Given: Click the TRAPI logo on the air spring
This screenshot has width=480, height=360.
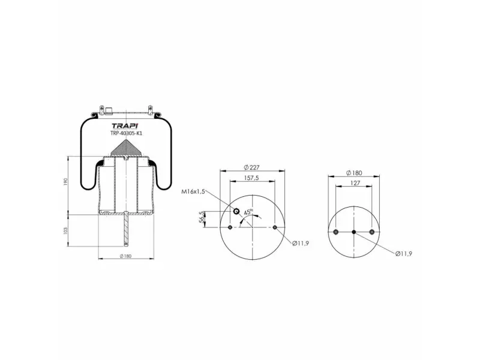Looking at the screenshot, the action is [125, 126].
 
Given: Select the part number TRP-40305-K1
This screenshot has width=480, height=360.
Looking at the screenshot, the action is [126, 133].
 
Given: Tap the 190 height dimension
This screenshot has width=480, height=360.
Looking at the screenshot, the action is [65, 182].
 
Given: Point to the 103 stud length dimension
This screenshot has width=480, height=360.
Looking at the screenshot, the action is [65, 231].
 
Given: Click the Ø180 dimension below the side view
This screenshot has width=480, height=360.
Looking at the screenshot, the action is [125, 256].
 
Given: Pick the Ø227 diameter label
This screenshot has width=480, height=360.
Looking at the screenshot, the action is [251, 167].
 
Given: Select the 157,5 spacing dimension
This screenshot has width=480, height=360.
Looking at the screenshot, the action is [251, 178].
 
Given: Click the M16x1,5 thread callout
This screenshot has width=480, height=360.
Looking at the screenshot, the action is [193, 192].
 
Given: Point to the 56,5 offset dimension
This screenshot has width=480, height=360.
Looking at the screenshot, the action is [202, 217].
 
